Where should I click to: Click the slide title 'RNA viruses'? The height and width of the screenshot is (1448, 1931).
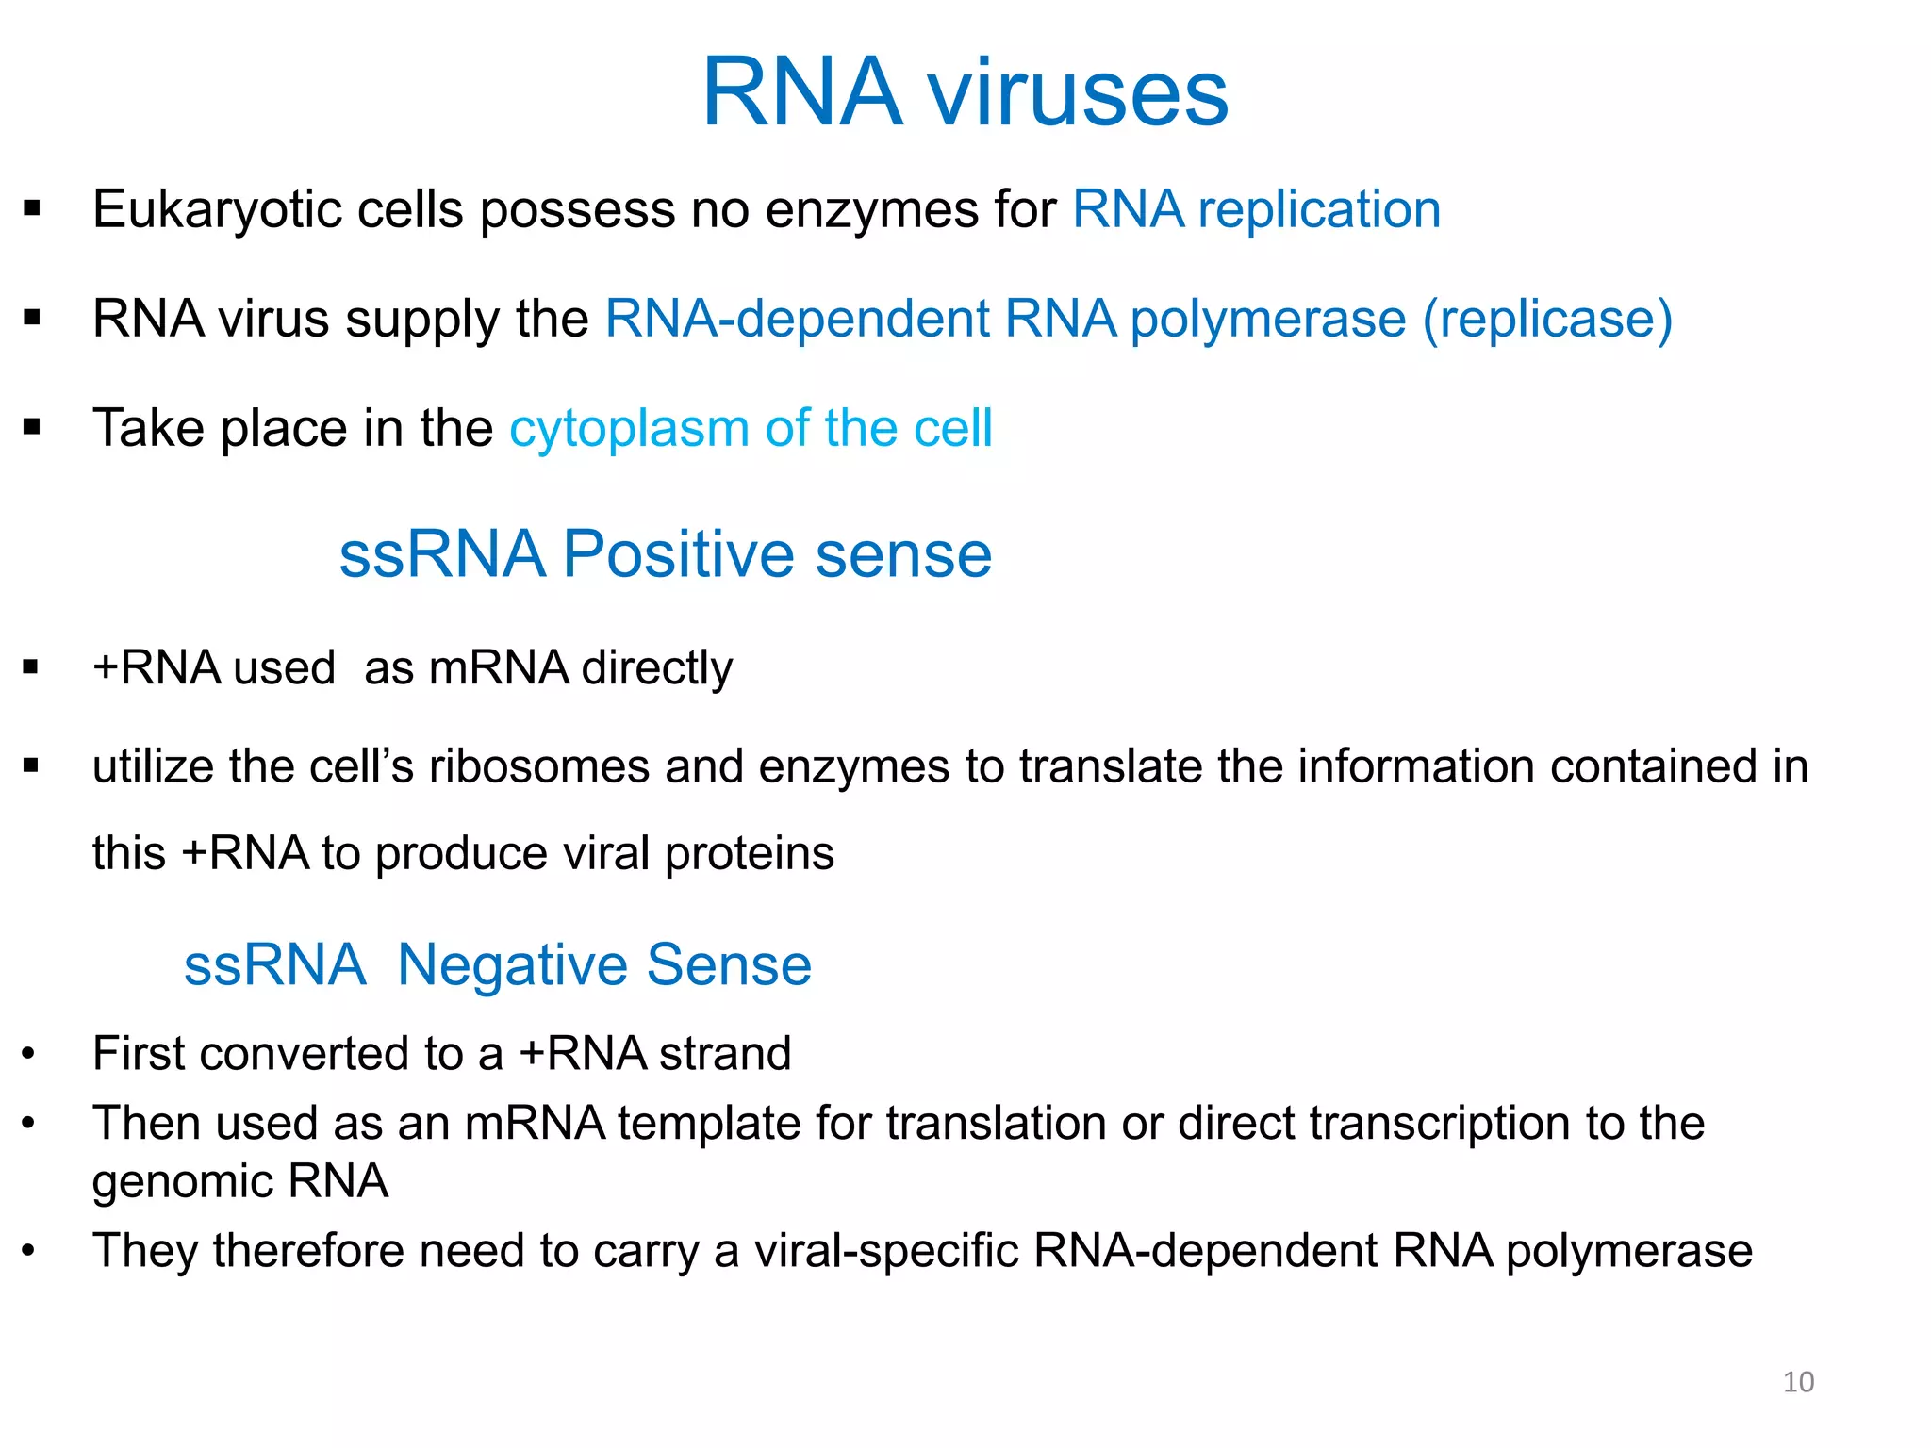[965, 91]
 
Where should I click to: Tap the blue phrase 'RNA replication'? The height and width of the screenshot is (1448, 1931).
[1256, 209]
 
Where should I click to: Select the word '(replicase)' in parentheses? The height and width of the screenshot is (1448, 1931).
[1547, 319]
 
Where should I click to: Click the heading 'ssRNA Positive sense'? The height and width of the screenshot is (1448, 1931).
[665, 553]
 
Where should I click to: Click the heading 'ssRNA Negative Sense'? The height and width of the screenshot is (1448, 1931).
[497, 964]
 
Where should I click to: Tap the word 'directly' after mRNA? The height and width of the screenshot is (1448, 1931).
[656, 668]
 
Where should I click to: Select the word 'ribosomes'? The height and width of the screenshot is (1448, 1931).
[539, 766]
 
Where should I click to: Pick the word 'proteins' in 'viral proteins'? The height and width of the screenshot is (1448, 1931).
[750, 854]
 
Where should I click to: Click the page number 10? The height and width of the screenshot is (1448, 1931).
[1798, 1382]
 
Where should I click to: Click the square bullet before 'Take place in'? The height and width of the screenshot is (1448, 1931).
[32, 428]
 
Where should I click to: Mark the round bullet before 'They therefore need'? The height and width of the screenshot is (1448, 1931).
[29, 1251]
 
